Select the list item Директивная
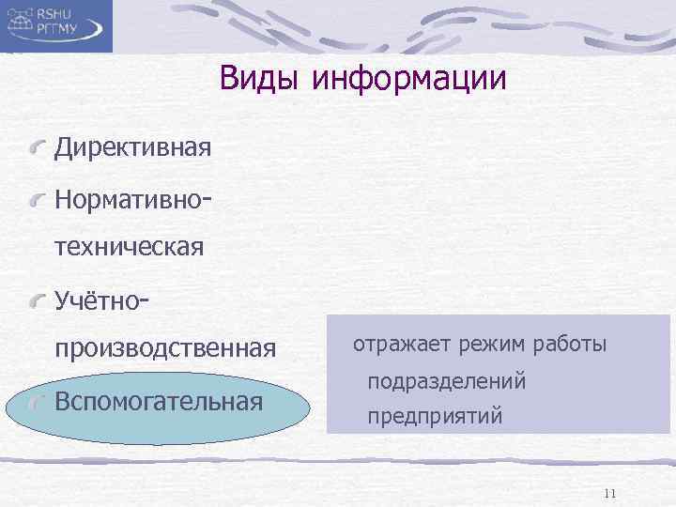[132, 147]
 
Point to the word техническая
[130, 249]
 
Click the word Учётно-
[102, 300]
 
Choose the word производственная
[165, 349]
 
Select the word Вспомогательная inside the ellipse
[158, 402]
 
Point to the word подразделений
[446, 381]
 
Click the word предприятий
[435, 415]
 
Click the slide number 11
[610, 493]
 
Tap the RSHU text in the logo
[61, 15]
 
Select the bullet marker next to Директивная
[38, 147]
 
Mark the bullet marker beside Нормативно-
[38, 198]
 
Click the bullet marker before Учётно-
[38, 300]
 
